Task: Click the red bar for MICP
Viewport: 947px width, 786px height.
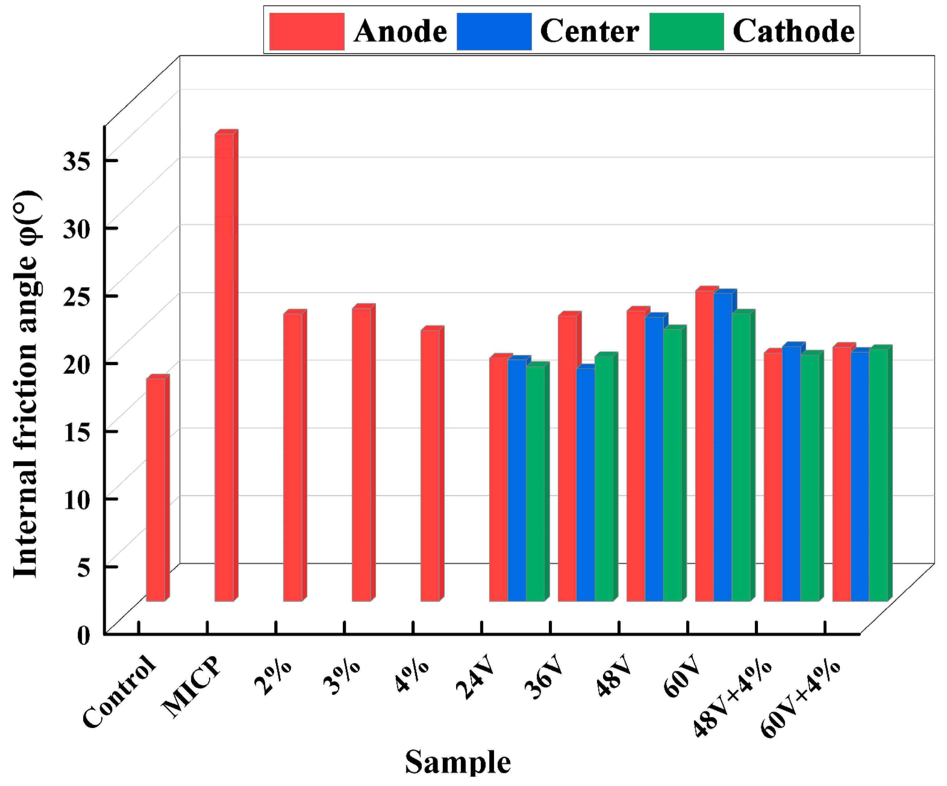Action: (224, 368)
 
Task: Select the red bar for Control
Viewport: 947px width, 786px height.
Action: (155, 490)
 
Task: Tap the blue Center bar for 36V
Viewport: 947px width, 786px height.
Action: (585, 485)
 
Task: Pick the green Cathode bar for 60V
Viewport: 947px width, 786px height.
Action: (741, 457)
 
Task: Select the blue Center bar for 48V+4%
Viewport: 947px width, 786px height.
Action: (791, 474)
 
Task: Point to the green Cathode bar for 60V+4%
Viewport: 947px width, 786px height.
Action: (878, 475)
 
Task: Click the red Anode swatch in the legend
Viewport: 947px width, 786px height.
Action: (307, 31)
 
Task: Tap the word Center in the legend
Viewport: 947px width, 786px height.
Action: (589, 31)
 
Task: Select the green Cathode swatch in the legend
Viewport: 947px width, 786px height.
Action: (686, 31)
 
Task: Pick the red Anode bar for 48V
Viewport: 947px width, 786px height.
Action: (636, 456)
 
